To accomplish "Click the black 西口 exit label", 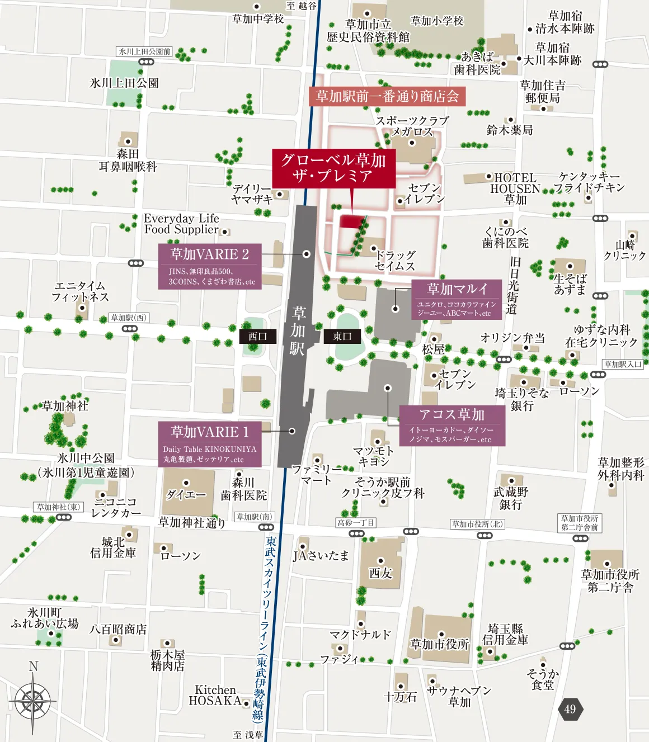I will (258, 336).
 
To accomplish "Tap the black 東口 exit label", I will (342, 336).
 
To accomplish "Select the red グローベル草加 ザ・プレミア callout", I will (333, 168).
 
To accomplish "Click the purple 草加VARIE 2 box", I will (209, 266).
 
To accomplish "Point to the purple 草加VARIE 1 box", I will (209, 444).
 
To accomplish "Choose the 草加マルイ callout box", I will (457, 299).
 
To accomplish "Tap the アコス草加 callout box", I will (452, 425).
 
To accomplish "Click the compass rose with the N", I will (33, 700).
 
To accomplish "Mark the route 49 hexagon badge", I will (570, 709).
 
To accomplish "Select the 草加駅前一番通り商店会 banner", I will (387, 96).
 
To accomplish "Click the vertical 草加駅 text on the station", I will (298, 330).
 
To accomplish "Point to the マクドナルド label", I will (360, 635).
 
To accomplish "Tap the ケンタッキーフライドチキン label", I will (589, 182).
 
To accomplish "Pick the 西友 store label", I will (380, 573).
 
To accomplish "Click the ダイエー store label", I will (186, 494).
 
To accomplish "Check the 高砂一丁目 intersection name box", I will (356, 523).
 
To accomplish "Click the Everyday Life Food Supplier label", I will (181, 224).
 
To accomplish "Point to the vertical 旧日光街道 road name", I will (513, 286).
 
